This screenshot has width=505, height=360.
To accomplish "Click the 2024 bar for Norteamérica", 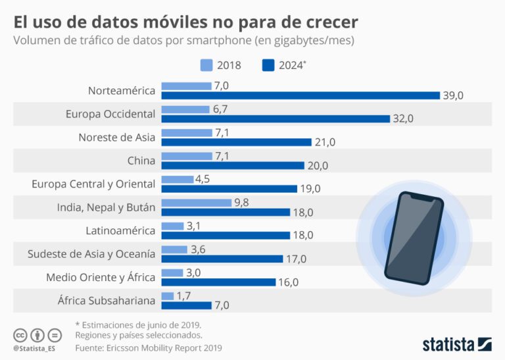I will [x=300, y=95].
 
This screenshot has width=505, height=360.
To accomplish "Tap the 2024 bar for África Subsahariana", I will [x=186, y=305].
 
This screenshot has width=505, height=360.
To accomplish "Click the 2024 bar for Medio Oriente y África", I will [x=218, y=282].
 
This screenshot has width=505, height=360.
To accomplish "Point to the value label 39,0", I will [x=453, y=95].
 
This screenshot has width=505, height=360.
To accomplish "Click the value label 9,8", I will [x=242, y=202].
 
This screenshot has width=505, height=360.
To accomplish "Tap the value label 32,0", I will [x=402, y=119].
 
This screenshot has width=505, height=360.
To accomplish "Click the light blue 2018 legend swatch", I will [x=206, y=65].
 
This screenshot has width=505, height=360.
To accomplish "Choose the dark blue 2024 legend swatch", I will [x=268, y=65].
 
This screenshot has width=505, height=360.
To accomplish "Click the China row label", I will [x=141, y=160].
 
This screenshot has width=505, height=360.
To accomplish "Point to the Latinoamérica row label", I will [x=120, y=230].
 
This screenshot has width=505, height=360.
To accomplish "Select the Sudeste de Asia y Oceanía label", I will [x=91, y=253].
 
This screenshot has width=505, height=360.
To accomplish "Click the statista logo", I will [x=456, y=344].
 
